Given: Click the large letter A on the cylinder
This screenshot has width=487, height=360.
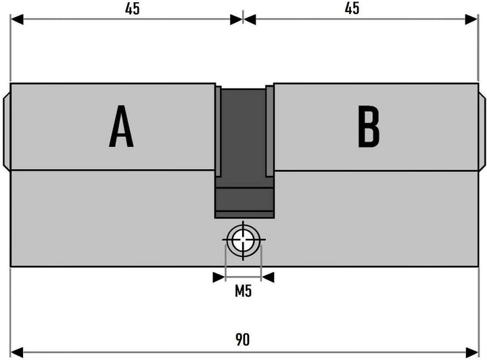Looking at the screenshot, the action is pos(121,126).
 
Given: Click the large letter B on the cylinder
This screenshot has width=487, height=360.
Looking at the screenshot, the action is pos(369,126).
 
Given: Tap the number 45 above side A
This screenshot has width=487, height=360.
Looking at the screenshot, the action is pos(133,8).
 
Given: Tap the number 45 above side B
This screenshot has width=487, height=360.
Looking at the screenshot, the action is pos(352,8).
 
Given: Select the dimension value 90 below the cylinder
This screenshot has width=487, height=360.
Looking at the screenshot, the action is pos(242,340).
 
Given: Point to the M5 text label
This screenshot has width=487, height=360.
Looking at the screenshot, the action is pos(243,292).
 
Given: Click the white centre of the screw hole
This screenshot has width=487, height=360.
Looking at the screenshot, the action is pos(243,240).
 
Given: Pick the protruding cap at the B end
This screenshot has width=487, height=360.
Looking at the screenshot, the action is pos(482,131).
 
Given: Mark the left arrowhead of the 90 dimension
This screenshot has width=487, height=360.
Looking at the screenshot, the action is pos(17,353).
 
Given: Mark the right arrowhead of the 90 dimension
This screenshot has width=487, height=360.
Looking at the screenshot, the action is pos(472,353).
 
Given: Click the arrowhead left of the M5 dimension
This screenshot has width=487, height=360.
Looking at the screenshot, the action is pos(219,277).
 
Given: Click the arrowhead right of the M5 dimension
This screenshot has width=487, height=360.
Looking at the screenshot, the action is pos(268,277).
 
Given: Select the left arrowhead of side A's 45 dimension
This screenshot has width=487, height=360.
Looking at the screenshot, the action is pos(17,19).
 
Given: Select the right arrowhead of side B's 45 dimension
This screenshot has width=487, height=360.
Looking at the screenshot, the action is pos(472,20).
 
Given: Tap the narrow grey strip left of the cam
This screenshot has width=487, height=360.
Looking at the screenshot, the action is pos(218,131).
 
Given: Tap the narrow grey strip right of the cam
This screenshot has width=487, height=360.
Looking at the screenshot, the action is pos(270,131).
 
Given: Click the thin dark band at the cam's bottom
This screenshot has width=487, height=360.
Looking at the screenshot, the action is pos(244,215).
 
